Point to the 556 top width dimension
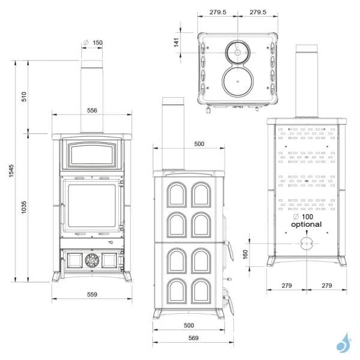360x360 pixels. (92, 110)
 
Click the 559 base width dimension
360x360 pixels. (92, 294)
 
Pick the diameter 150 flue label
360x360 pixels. (94, 43)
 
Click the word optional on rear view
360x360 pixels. (307, 224)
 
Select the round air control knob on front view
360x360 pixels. (92, 260)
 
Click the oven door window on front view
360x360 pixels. (92, 155)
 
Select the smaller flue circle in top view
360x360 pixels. (238, 53)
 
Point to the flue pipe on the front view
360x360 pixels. (92, 96)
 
